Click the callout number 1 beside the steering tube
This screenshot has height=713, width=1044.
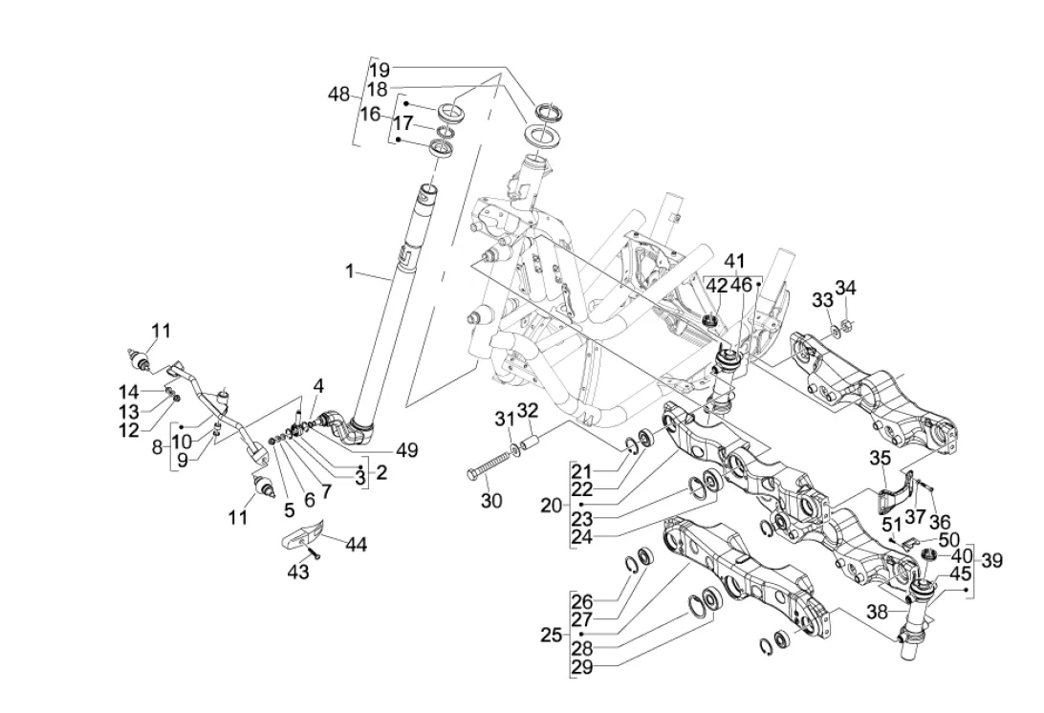point(350,272)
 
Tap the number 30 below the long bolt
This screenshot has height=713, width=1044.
point(490,501)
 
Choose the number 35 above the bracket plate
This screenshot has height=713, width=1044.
point(880,458)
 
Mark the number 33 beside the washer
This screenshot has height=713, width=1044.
point(822,300)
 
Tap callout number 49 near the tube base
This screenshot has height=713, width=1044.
point(407,449)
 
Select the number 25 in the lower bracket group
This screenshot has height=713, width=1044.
point(551,634)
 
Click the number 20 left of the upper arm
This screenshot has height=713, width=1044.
point(550,505)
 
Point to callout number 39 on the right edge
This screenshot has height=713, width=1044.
point(991,560)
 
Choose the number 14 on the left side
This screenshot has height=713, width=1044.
point(128,391)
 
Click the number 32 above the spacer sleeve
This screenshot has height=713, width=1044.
point(528,412)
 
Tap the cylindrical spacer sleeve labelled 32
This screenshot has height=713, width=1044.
point(533,445)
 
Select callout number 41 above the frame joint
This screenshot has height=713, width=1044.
point(733,261)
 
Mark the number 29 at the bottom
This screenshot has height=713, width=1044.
point(581,668)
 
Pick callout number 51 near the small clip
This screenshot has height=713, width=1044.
point(891,524)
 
